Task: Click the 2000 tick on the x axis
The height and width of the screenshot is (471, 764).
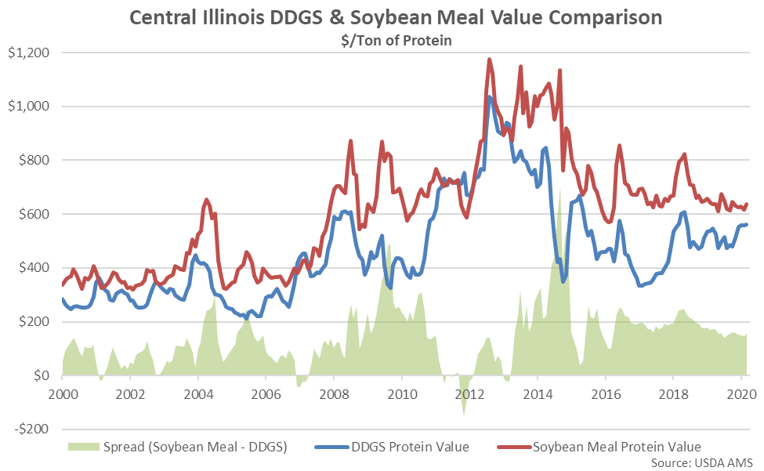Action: [63, 395]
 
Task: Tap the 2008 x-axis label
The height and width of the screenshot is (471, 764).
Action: [335, 395]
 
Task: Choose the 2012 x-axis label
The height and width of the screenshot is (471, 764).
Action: [470, 395]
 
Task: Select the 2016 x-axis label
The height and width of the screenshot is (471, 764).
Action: [606, 395]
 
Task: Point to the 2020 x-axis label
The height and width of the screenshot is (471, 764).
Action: [740, 395]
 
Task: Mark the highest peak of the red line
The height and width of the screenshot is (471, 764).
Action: [490, 59]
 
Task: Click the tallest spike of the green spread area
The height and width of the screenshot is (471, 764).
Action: [561, 188]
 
